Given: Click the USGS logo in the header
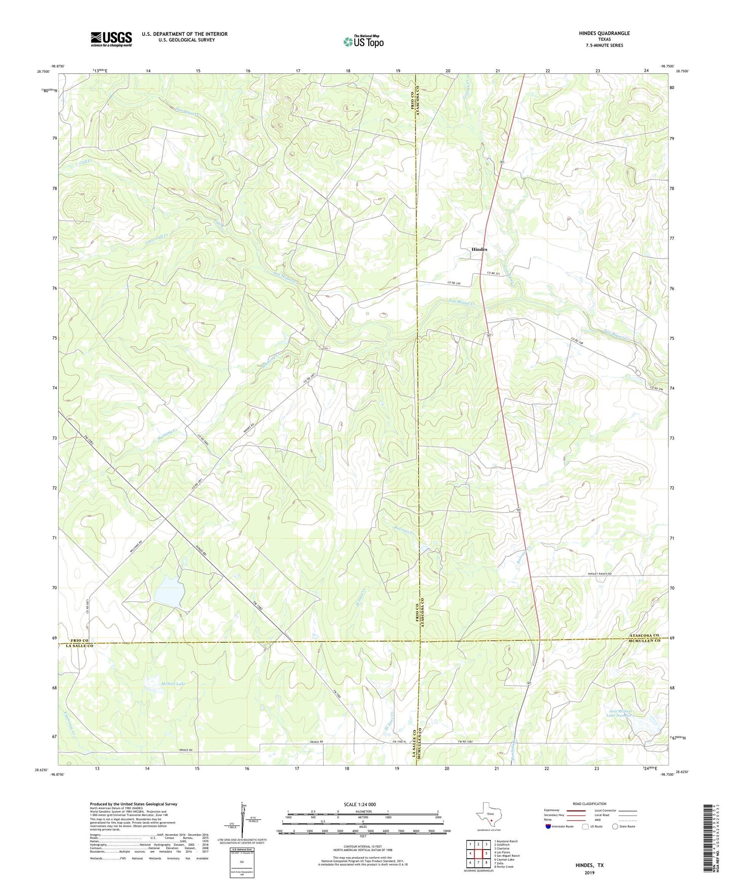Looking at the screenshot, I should tap(111, 38).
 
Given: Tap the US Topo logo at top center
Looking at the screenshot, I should tap(363, 41).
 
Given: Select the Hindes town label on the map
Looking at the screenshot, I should tap(479, 249).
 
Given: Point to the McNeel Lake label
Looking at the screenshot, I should tap(173, 684).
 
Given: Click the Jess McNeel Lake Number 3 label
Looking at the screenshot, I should tap(620, 714).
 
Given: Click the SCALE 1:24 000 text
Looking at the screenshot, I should tap(360, 805).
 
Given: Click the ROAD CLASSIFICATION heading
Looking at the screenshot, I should tap(589, 804).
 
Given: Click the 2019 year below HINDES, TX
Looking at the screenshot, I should tap(589, 873).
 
